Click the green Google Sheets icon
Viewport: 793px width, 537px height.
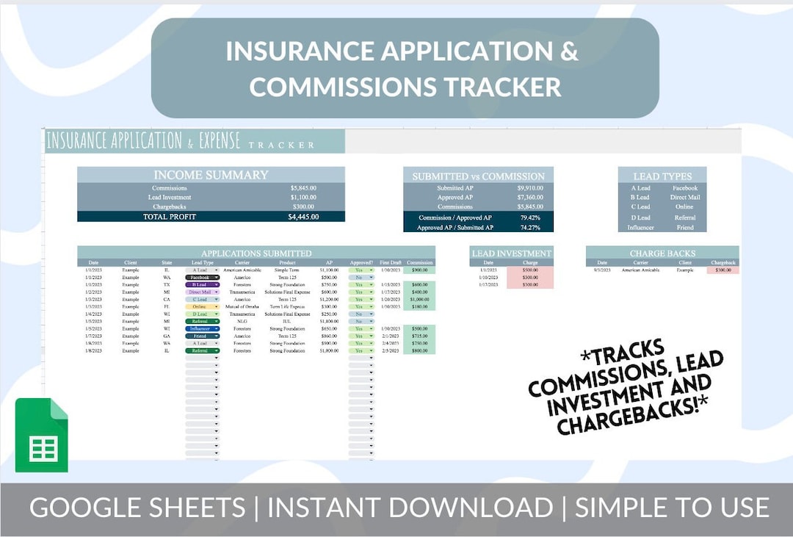(x=42, y=435)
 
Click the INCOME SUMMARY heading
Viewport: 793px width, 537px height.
(x=211, y=175)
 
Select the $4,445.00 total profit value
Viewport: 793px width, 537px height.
(x=303, y=217)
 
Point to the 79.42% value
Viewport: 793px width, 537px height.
(x=529, y=217)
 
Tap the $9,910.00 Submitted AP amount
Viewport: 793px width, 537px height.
(x=529, y=188)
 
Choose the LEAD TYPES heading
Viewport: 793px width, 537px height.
(x=662, y=176)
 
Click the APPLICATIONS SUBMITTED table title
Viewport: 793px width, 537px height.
(x=256, y=253)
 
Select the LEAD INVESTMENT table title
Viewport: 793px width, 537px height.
(x=511, y=253)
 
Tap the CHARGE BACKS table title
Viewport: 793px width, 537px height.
(x=662, y=253)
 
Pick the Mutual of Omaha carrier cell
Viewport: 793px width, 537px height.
(x=242, y=307)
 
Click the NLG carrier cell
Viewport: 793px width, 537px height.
(x=242, y=322)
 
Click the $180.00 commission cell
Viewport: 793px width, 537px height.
(x=419, y=307)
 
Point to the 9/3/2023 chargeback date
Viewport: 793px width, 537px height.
(x=602, y=270)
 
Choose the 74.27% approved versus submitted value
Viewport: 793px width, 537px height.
(x=529, y=228)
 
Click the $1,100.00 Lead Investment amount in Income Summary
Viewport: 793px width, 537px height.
(x=303, y=198)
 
